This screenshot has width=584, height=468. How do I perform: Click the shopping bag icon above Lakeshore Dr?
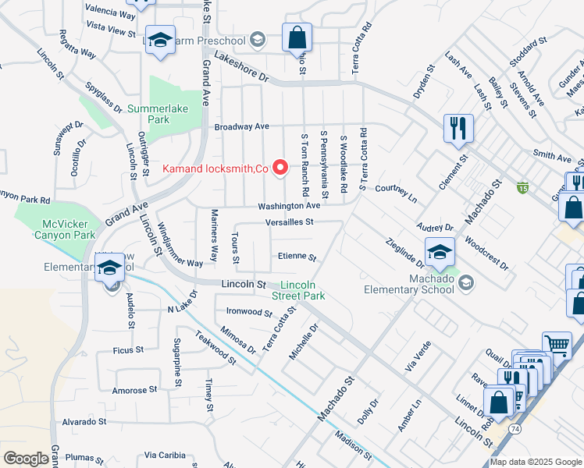(297, 37)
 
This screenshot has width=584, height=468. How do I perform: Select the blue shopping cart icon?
(557, 346)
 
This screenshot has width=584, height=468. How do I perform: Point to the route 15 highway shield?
(522, 187)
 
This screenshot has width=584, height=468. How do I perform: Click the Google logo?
(27, 459)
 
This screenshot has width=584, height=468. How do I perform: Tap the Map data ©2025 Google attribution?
(536, 462)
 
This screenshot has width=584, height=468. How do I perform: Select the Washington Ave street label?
(290, 206)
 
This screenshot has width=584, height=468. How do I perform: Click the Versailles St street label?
(289, 222)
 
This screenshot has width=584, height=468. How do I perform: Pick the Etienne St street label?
(297, 257)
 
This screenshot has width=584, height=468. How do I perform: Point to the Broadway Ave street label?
(241, 126)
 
